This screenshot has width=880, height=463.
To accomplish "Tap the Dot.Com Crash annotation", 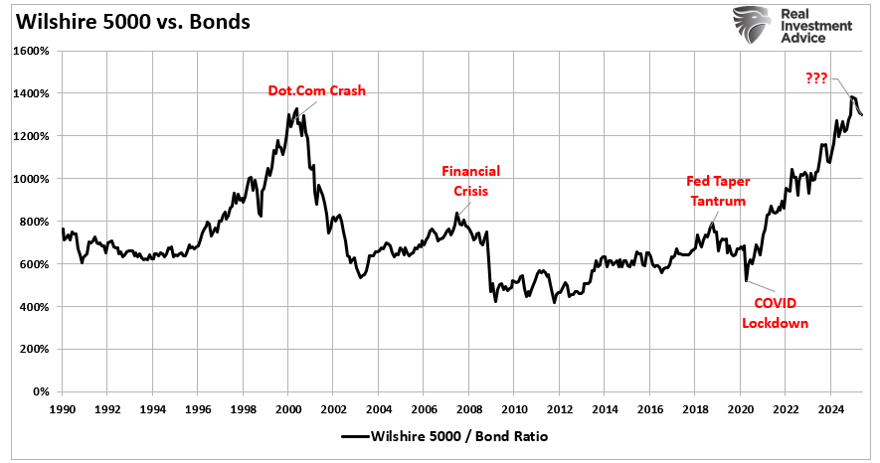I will [x=317, y=90].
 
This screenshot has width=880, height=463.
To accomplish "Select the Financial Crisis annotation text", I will [x=471, y=181].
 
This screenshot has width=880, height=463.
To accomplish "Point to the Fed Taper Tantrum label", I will [x=718, y=190].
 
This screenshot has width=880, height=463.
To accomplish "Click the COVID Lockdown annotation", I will [x=776, y=313].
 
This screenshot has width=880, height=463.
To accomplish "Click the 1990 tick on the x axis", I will [x=63, y=408].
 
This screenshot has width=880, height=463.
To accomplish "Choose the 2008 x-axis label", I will [x=468, y=408].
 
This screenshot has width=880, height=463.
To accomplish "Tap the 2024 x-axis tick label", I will [x=829, y=408].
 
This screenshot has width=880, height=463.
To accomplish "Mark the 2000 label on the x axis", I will [x=288, y=408].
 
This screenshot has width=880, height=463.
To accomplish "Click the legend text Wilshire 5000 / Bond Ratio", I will [x=457, y=436].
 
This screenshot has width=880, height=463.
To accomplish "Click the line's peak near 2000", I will [x=296, y=107].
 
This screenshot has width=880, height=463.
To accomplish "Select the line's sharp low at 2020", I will [x=746, y=282].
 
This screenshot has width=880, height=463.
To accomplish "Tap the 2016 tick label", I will [x=648, y=408].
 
